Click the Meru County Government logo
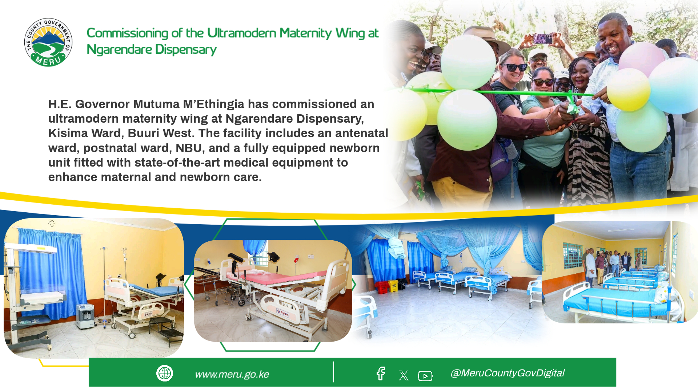(x=48, y=42)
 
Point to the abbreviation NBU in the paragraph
(x=189, y=148)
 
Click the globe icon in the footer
(x=165, y=373)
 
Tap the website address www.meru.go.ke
(x=232, y=374)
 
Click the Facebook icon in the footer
(x=381, y=373)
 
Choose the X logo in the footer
(x=404, y=375)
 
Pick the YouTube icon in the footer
(x=425, y=376)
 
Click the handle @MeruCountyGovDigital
(x=507, y=373)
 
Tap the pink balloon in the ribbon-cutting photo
(x=642, y=58)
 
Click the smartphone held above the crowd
(x=543, y=38)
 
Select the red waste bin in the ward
(x=382, y=287)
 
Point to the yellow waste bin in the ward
(x=393, y=286)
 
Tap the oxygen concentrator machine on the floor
(x=85, y=316)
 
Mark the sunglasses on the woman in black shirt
(x=514, y=68)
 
